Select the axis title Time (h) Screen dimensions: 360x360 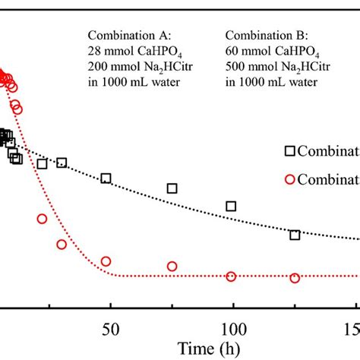(207, 349)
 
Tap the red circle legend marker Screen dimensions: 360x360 (291, 179)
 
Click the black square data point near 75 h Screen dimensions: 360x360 (172, 188)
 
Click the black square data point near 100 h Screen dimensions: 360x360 (231, 206)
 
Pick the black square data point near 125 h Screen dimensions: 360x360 (295, 235)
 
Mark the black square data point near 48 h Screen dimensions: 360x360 (106, 178)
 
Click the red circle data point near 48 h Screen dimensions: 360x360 (106, 261)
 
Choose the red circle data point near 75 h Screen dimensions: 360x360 (172, 267)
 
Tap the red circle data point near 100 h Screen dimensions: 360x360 (231, 276)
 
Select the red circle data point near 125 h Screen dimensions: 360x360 (295, 278)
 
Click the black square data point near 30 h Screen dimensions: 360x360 (62, 163)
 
